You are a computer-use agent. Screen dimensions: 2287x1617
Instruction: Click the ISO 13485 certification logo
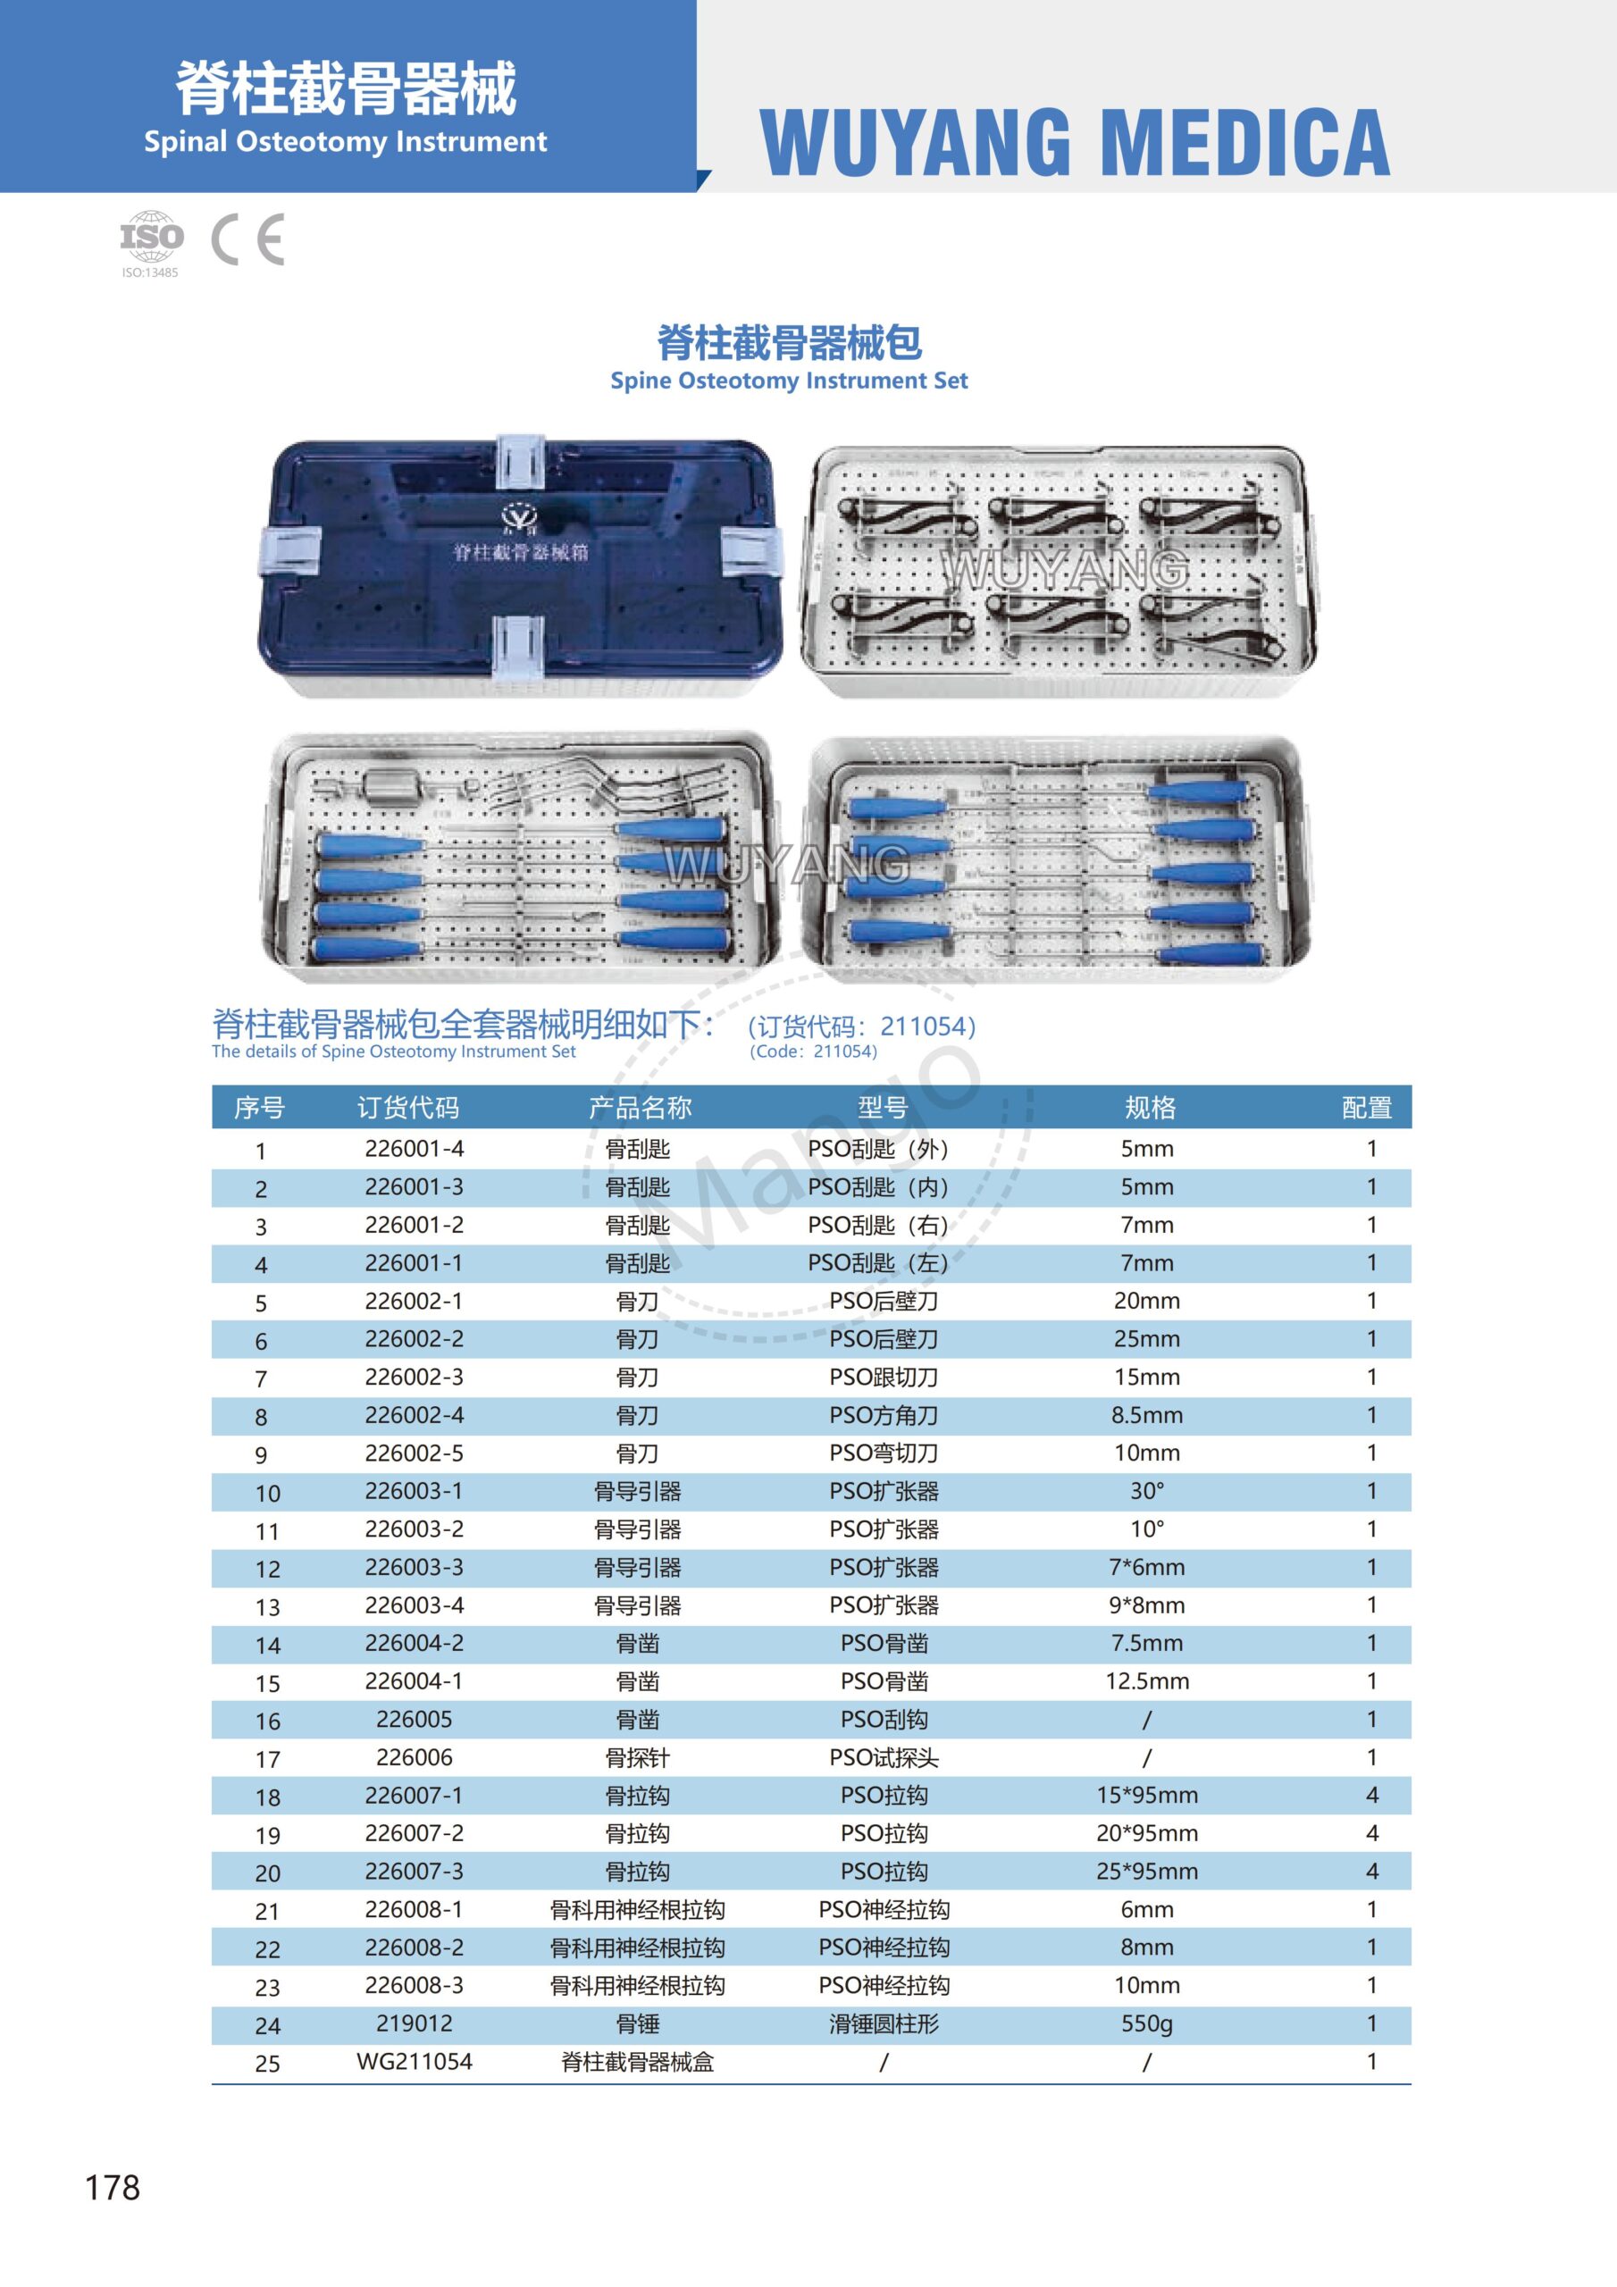152,242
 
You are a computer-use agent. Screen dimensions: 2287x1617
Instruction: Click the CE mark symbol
248,239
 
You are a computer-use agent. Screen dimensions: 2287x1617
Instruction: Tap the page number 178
113,2188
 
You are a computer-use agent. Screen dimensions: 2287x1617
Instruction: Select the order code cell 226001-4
414,1149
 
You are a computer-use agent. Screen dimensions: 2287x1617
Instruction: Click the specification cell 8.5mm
1147,1415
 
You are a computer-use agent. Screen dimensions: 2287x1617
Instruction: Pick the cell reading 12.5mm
1147,1681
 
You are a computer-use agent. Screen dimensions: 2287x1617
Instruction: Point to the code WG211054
414,2062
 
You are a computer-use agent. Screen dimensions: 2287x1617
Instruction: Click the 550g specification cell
1147,2024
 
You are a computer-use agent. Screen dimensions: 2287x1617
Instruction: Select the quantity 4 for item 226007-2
1371,1834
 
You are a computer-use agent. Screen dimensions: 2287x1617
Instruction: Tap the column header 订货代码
408,1108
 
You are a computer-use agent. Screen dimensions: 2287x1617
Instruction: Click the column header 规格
1150,1108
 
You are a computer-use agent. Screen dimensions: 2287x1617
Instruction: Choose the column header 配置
1366,1108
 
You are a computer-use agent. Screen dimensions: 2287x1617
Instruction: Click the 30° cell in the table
1147,1491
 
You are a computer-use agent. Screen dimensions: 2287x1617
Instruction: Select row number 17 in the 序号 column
267,1759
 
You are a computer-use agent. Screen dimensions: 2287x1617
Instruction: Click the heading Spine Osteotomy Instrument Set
788,381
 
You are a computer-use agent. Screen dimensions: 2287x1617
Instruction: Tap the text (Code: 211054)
813,1051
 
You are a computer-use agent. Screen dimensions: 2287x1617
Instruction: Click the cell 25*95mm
1147,1872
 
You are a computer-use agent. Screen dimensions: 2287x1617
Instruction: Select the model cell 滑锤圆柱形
884,2024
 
